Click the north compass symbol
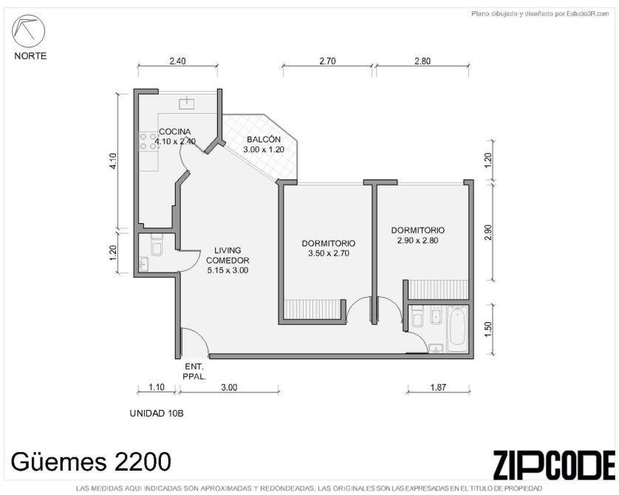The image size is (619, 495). click(28, 31)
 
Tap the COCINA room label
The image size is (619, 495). click(175, 132)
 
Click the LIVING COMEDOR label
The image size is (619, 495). click(228, 256)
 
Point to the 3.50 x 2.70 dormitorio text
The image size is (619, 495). click(329, 253)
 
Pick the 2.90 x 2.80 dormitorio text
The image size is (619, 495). click(417, 240)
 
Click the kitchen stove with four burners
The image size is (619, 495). click(148, 141)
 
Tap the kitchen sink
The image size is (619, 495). click(186, 103)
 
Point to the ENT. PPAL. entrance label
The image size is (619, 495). click(194, 372)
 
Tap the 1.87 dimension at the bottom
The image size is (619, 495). click(438, 387)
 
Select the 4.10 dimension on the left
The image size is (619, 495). click(113, 161)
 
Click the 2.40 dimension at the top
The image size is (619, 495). click(177, 61)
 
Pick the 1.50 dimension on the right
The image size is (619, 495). click(488, 329)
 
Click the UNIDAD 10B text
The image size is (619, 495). click(157, 413)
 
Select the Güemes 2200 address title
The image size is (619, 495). click(91, 461)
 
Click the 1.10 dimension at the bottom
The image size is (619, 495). click(157, 387)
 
